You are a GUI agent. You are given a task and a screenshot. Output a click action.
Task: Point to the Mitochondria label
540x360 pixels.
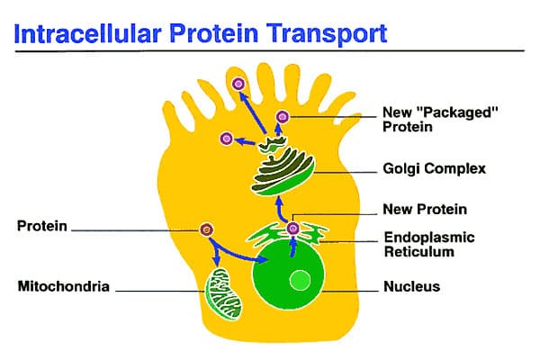coord(64,287)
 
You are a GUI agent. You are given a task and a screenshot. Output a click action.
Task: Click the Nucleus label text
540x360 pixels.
coord(411,288)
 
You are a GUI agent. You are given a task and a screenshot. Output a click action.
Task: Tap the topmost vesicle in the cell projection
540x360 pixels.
coord(239,85)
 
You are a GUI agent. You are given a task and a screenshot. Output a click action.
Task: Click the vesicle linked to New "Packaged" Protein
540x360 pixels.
coord(283,116)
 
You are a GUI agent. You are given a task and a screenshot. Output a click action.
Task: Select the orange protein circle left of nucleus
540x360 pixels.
coord(207,230)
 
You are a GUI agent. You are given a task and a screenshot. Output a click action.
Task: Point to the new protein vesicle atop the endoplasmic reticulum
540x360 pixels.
coord(292,229)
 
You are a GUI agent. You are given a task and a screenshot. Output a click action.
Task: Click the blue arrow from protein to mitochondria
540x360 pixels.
coord(214,255)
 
